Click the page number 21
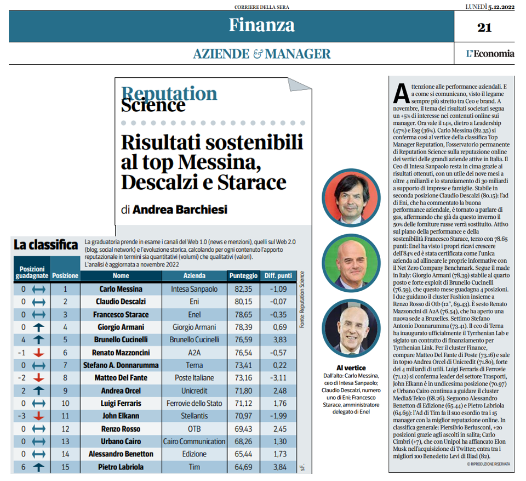click(x=484, y=27)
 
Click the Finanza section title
click(x=262, y=25)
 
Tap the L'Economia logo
click(x=490, y=54)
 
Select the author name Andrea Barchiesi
click(x=180, y=210)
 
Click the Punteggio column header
click(x=243, y=276)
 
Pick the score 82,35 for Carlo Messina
click(x=243, y=289)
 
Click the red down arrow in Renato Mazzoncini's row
click(x=38, y=352)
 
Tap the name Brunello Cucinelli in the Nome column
click(x=121, y=339)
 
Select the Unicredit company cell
click(x=194, y=391)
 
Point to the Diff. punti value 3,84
click(x=280, y=467)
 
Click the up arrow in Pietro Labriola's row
click(x=38, y=467)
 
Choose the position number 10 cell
click(x=65, y=404)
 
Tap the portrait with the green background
click(x=351, y=263)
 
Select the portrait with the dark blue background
click(x=351, y=328)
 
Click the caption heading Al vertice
click(x=351, y=368)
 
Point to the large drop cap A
click(x=401, y=94)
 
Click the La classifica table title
click(x=45, y=245)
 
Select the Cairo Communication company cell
click(x=194, y=442)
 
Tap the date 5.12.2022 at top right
click(x=501, y=7)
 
